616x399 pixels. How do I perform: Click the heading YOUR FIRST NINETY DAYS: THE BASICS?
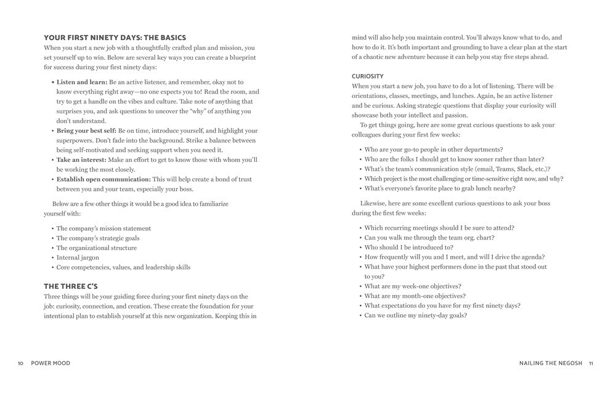(x=115, y=38)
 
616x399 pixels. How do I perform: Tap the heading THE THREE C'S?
(x=71, y=286)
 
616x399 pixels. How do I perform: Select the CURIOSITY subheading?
(x=368, y=76)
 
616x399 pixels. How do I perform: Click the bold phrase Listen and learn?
(x=82, y=82)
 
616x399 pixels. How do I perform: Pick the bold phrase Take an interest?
(x=81, y=160)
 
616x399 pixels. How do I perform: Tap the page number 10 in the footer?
(x=20, y=363)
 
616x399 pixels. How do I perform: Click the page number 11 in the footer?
(x=591, y=363)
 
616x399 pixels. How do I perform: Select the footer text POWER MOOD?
(x=51, y=363)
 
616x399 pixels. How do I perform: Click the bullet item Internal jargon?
(x=78, y=258)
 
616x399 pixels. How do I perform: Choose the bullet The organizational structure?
(x=97, y=248)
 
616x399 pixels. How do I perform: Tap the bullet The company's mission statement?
(x=103, y=228)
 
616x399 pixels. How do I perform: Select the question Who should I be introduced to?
(x=408, y=248)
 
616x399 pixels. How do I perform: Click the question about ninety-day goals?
(x=415, y=316)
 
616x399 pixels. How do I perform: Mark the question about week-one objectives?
(x=413, y=286)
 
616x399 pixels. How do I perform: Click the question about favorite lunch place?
(x=440, y=189)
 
